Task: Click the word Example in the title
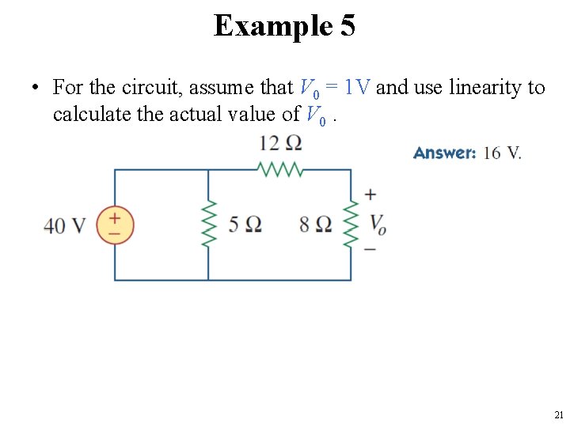coord(272,26)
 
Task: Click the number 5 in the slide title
coord(347,26)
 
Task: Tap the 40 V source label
coord(64,225)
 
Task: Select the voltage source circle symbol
coord(115,225)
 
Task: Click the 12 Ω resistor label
coord(280,143)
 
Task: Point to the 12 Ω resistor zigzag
coord(280,169)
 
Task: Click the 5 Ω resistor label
coord(245,225)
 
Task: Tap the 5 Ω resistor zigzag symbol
coord(209,225)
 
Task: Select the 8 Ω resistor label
coord(316,225)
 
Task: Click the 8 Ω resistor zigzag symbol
coord(351,225)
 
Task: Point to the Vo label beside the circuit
coord(378,224)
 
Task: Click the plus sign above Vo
coord(370,195)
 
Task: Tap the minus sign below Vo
coord(370,250)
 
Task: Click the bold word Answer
coord(444,153)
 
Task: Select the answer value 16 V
coord(502,153)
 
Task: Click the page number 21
coord(559,414)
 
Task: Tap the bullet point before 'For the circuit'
coord(36,87)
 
